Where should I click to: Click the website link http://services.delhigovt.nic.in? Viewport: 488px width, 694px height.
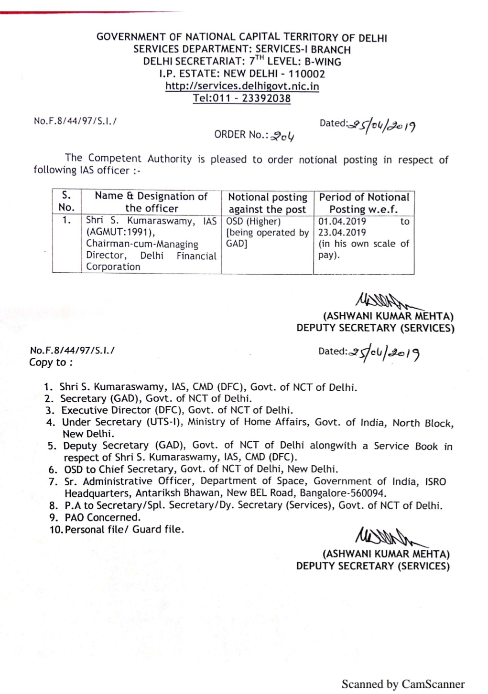(242, 86)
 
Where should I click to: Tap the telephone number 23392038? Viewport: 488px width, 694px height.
(266, 99)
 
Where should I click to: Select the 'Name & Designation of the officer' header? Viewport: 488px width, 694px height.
(151, 202)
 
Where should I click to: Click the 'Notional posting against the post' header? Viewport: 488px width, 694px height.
(267, 203)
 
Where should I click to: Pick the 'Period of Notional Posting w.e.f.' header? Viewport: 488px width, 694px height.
(364, 203)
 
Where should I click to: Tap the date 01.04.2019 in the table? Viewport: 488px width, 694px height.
(342, 222)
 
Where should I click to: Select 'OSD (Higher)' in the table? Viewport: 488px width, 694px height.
(253, 222)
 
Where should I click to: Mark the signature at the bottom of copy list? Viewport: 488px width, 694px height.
(382, 539)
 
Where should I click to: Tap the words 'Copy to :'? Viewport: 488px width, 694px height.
(51, 363)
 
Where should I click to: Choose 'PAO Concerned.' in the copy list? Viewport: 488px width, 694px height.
(102, 517)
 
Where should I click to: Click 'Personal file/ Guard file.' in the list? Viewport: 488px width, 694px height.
(124, 529)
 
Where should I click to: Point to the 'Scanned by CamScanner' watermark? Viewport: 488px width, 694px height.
(403, 684)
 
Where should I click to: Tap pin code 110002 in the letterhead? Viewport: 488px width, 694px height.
(306, 74)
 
